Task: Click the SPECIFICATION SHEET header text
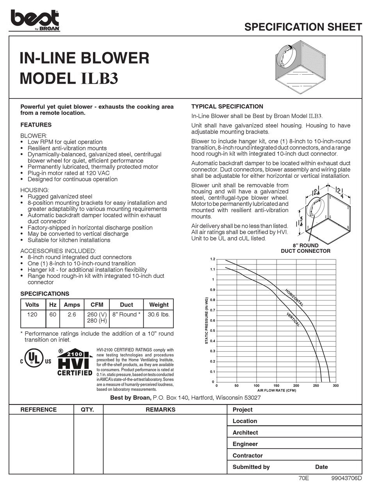point(303,27)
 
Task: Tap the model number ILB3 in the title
point(99,79)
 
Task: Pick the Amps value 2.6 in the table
point(71,315)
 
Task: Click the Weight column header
point(159,305)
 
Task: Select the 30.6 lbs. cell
point(159,315)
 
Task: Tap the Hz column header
point(52,305)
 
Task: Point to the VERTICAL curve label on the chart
point(293,320)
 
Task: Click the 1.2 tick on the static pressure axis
point(212,259)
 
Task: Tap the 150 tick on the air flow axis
point(276,386)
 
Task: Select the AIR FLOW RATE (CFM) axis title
point(276,390)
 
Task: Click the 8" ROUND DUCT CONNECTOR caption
point(305,249)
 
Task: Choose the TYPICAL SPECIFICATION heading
point(227,107)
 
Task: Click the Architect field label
point(245,433)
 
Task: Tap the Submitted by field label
point(251,467)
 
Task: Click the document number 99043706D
point(346,478)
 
